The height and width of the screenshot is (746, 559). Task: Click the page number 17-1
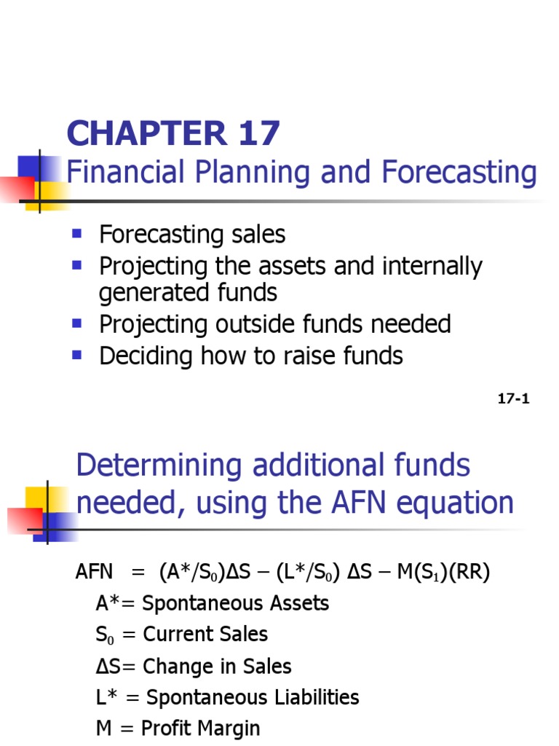coord(513,398)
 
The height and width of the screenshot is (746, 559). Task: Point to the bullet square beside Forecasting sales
coord(75,235)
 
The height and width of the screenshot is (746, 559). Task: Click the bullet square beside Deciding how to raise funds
coord(75,356)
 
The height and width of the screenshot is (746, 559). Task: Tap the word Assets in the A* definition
coord(298,603)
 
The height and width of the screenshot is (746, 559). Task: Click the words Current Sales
coord(205,635)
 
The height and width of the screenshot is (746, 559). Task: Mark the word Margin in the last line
coord(229,728)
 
